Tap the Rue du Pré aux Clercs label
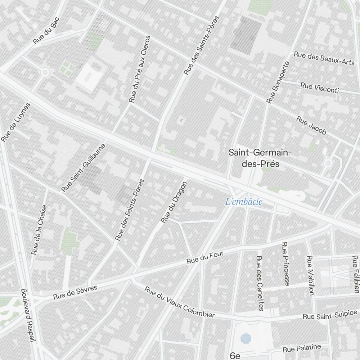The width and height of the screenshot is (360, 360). [x=140, y=69]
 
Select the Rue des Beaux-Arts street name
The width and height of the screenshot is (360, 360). [x=324, y=58]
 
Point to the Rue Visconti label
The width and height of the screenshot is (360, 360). [x=319, y=88]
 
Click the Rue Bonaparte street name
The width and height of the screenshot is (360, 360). [x=278, y=82]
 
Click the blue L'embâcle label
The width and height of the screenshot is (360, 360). [x=244, y=202]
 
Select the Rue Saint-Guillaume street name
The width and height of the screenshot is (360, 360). [x=84, y=168]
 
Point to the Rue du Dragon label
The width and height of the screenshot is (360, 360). [x=174, y=202]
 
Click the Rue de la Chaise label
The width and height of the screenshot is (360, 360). [x=39, y=230]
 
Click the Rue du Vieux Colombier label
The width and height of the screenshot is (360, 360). [x=179, y=302]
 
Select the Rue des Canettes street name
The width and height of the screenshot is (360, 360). [x=260, y=283]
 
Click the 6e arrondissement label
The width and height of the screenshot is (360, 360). [x=235, y=356]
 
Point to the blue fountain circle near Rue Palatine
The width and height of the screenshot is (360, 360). [x=246, y=338]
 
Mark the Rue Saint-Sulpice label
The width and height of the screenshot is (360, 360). [x=330, y=314]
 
